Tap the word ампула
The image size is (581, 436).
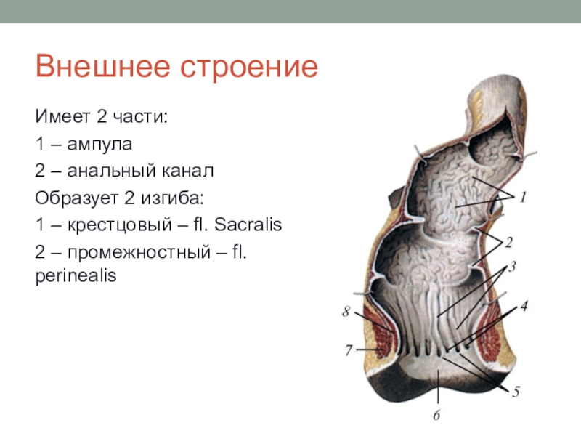tap(99, 145)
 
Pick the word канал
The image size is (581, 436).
tap(188, 171)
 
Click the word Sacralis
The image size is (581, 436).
tap(248, 225)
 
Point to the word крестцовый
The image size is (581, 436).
tap(119, 225)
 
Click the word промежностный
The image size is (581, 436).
tap(139, 253)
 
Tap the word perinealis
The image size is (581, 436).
tap(76, 275)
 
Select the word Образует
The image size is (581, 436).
tap(76, 198)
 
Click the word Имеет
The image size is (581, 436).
tap(63, 116)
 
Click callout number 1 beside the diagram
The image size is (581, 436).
tap(523, 197)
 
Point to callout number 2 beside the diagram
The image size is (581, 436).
tap(509, 242)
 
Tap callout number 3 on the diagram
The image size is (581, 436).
tap(512, 267)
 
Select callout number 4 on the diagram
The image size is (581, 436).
tap(524, 306)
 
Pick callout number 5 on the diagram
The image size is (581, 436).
tap(516, 392)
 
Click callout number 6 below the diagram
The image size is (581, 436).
tap(436, 415)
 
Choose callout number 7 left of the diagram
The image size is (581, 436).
tap(349, 350)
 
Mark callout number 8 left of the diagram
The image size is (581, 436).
tap(346, 311)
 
